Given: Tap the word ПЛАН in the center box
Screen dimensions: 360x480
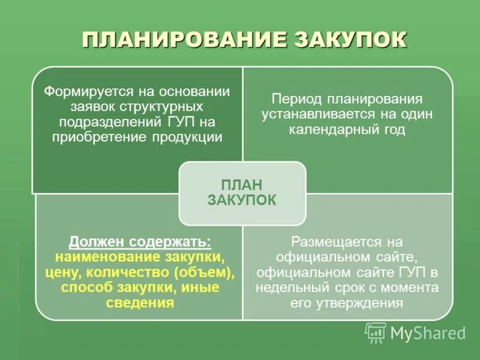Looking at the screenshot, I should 242,185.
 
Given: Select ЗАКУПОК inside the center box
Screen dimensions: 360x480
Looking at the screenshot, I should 242,200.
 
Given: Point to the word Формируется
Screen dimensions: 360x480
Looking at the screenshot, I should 85,92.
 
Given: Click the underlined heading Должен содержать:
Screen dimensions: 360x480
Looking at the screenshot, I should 140,242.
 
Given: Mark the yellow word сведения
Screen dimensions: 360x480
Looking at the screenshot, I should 140,302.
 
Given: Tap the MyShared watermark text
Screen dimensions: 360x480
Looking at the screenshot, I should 428,332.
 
